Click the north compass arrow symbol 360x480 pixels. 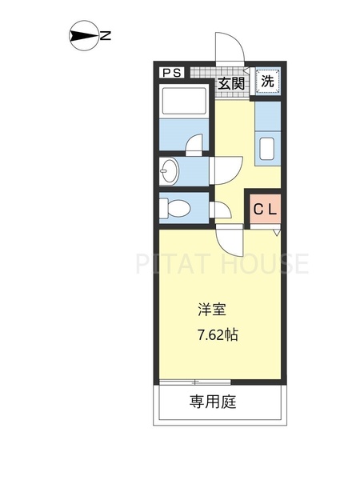coord(82,35)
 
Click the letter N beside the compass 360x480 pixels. coord(105,35)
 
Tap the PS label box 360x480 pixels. coord(172,73)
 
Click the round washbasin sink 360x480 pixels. coord(170,170)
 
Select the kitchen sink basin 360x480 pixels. coord(267,150)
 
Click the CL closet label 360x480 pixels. coord(266,210)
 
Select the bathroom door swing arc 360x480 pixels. coord(194,144)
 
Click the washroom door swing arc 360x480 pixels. coord(225,168)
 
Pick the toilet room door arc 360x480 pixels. coord(221,210)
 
